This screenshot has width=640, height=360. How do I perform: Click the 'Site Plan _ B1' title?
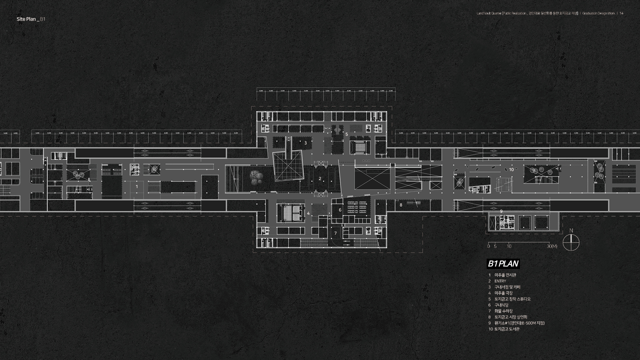pyautogui.click(x=31, y=19)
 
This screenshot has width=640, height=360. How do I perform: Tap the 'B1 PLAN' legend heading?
pyautogui.click(x=503, y=264)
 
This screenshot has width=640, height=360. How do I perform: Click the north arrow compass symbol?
pyautogui.click(x=571, y=242)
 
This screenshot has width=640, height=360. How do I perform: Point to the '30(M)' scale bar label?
pyautogui.click(x=552, y=246)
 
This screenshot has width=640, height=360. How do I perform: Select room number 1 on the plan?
pyautogui.click(x=137, y=187)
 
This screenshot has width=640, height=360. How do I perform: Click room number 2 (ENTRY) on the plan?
pyautogui.click(x=320, y=179)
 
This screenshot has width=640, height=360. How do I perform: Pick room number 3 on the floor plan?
pyautogui.click(x=305, y=143)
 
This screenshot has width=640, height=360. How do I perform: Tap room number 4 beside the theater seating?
pyautogui.click(x=308, y=213)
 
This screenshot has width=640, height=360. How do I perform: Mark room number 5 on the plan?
pyautogui.click(x=347, y=134)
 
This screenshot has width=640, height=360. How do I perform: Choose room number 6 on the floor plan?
pyautogui.click(x=340, y=210)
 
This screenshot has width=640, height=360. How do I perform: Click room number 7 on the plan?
pyautogui.click(x=335, y=233)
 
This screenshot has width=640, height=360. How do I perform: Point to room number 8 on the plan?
pyautogui.click(x=401, y=205)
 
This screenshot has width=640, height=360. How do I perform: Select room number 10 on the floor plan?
pyautogui.click(x=511, y=170)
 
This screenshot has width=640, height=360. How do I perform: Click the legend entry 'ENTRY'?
pyautogui.click(x=500, y=281)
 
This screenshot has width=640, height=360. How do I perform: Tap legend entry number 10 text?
pyautogui.click(x=507, y=329)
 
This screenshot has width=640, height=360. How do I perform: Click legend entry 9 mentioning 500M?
pyautogui.click(x=519, y=323)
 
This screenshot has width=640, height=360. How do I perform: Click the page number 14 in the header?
pyautogui.click(x=622, y=13)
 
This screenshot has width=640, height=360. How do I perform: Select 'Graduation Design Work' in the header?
pyautogui.click(x=599, y=13)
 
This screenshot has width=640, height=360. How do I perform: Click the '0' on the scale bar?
pyautogui.click(x=489, y=246)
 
